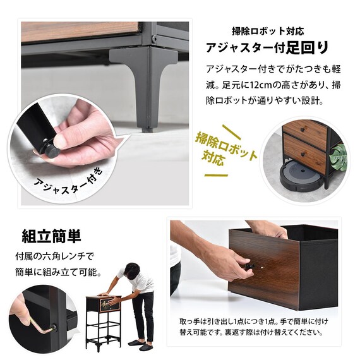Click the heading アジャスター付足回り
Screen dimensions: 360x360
(x=267, y=48)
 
